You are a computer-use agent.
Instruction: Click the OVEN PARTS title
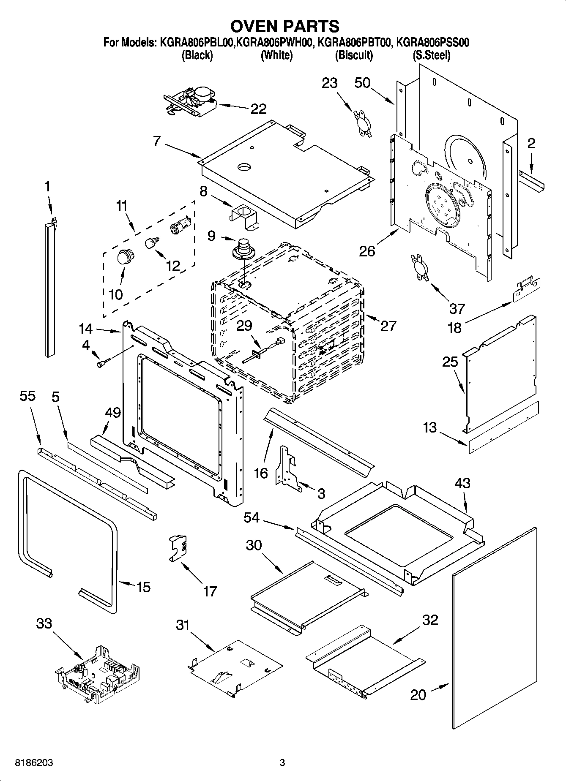click(x=284, y=26)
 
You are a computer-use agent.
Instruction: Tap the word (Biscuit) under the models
click(x=354, y=55)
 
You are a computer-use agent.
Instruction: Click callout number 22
click(x=258, y=109)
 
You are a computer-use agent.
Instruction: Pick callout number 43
click(x=462, y=483)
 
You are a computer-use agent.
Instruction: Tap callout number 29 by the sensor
click(x=244, y=326)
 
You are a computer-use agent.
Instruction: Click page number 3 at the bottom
click(x=282, y=763)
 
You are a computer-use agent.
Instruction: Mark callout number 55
click(x=27, y=396)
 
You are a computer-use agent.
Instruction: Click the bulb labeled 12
click(x=151, y=243)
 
